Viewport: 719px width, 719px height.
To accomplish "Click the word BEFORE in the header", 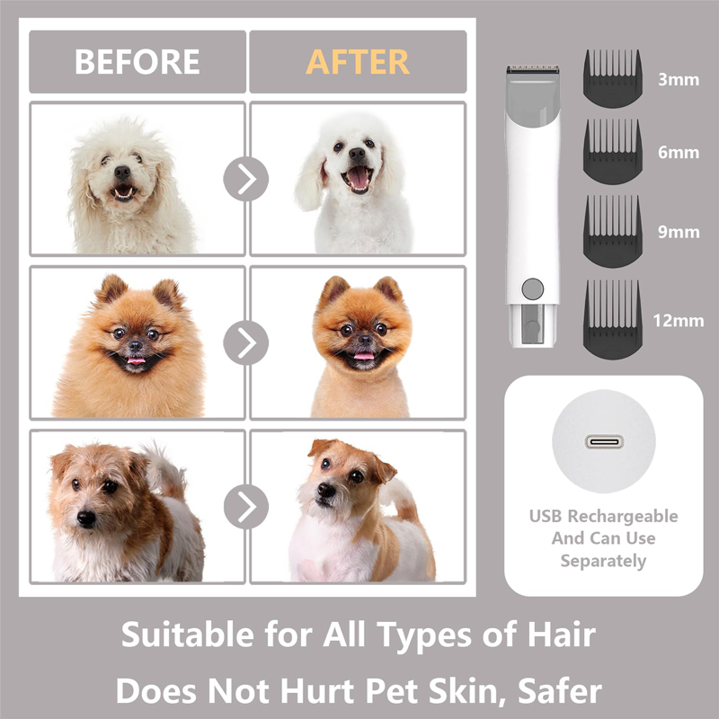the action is click(138, 61).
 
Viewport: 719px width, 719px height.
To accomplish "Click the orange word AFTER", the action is click(357, 61).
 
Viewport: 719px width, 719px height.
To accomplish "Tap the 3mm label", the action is click(679, 80).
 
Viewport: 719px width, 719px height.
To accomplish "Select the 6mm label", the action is click(679, 152).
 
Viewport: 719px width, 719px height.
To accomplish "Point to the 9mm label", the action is click(679, 232).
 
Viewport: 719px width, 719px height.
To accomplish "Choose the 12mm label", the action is click(679, 321).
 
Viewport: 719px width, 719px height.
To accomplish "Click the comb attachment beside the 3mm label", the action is click(613, 79).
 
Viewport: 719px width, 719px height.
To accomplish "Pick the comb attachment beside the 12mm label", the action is click(613, 319).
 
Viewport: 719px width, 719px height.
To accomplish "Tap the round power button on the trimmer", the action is click(533, 288).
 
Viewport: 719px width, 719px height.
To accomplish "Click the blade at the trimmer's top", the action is click(533, 69).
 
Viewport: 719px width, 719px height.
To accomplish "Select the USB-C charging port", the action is click(604, 442).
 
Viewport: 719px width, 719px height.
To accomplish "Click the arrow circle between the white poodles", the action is click(246, 179).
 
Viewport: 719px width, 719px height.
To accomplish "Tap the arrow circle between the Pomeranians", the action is click(246, 342).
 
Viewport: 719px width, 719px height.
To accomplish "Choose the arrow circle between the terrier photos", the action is click(246, 506).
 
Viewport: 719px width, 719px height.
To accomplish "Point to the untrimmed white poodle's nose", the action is click(122, 173).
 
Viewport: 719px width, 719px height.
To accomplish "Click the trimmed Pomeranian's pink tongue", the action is click(364, 356).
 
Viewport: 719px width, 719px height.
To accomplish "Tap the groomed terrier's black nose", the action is click(326, 490).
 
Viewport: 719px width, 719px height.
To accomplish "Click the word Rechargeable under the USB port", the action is click(623, 517).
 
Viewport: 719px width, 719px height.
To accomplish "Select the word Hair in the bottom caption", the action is click(562, 635).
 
